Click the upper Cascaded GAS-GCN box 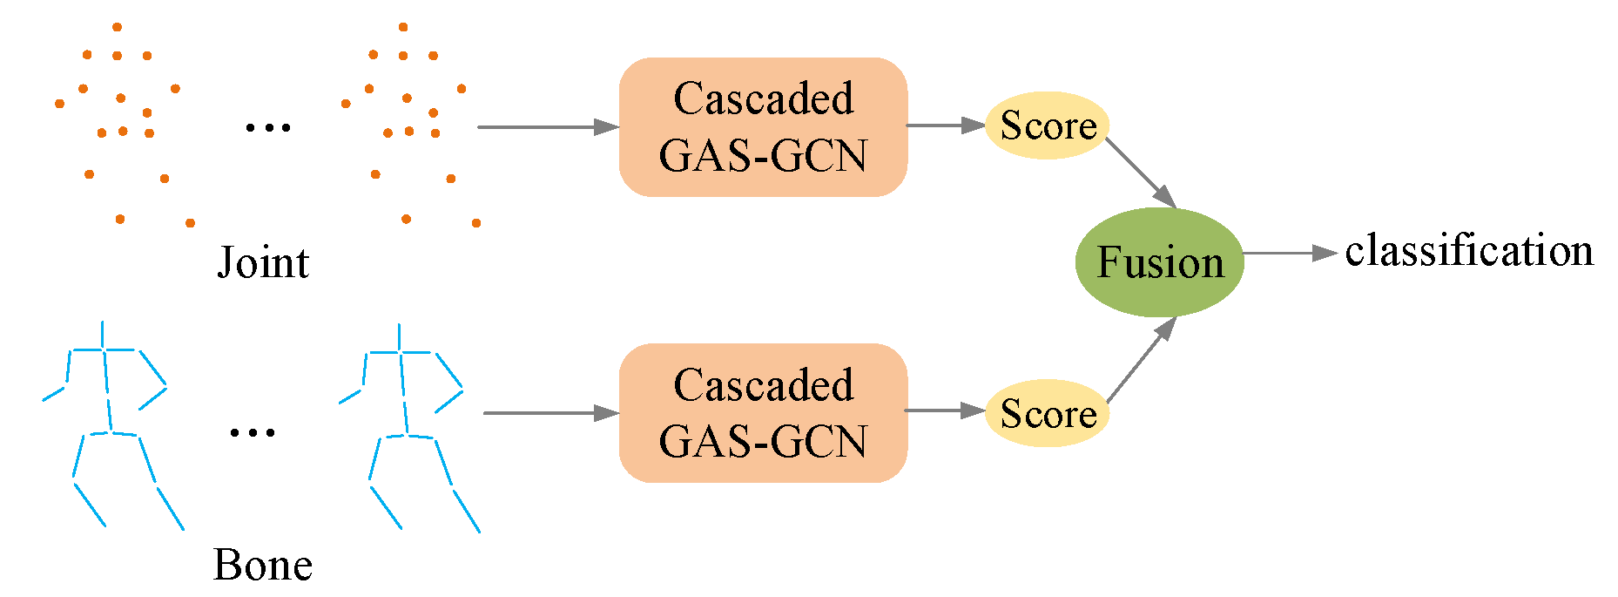[x=763, y=127]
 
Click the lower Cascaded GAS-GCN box [x=763, y=413]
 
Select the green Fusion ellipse [x=1159, y=262]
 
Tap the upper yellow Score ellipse [x=1047, y=126]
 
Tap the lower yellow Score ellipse [x=1047, y=413]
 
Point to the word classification [x=1468, y=252]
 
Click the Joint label [x=263, y=262]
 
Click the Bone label [x=263, y=565]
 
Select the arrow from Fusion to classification [x=1289, y=254]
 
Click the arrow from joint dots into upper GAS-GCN [x=547, y=127]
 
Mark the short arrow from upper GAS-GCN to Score [x=945, y=126]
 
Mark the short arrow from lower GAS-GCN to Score [x=945, y=410]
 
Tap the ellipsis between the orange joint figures [x=268, y=128]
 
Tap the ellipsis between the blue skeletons [x=253, y=431]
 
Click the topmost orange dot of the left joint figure [x=117, y=27]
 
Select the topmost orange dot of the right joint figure [x=403, y=27]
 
